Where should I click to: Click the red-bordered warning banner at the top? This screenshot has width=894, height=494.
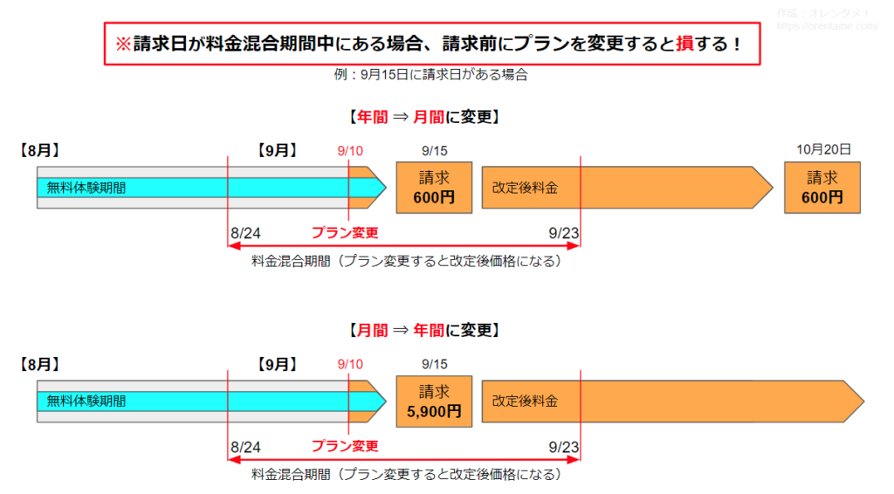point(432,44)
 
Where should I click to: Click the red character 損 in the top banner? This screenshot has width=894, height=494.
point(684,44)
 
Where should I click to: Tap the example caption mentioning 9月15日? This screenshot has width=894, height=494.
point(431,75)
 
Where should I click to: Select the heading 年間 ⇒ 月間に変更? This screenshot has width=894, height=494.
point(424,117)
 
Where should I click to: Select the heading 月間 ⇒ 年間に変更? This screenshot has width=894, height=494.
point(424,331)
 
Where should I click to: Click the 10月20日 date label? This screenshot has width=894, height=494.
point(824,150)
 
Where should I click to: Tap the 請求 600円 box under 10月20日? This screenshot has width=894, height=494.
point(822,188)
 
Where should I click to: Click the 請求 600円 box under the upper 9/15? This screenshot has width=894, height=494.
point(435,188)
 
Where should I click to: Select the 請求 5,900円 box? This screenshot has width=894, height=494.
point(435,401)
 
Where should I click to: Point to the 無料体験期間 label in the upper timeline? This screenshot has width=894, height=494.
point(86,188)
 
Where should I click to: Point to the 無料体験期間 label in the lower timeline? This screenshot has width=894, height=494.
point(86,401)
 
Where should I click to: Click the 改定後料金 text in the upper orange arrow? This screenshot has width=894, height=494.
point(525,188)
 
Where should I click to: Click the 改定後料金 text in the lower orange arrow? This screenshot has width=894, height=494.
point(525,401)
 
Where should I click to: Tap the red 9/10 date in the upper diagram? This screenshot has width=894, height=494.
point(350,151)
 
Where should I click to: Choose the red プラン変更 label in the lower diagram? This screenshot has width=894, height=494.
point(345,446)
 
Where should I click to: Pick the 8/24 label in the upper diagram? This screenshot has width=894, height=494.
point(245,233)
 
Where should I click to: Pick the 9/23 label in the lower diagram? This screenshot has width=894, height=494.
point(564,447)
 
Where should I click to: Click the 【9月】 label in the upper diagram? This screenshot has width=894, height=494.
point(277,150)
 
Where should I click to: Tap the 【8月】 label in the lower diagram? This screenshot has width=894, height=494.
point(40,365)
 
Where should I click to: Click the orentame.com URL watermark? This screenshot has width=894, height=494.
point(828,26)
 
